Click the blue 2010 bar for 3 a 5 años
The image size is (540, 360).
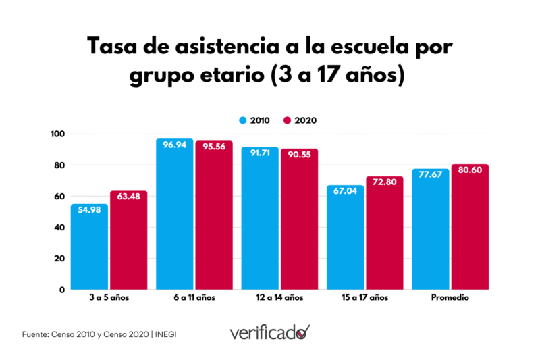click(x=89, y=247)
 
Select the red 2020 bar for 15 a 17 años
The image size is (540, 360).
click(x=384, y=233)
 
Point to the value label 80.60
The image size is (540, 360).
click(x=470, y=170)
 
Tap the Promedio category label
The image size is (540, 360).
click(x=450, y=298)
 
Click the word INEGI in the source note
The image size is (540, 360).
click(x=169, y=334)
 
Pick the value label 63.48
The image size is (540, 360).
click(x=128, y=197)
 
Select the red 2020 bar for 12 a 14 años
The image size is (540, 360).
click(x=299, y=220)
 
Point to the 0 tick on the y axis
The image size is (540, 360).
click(x=61, y=290)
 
